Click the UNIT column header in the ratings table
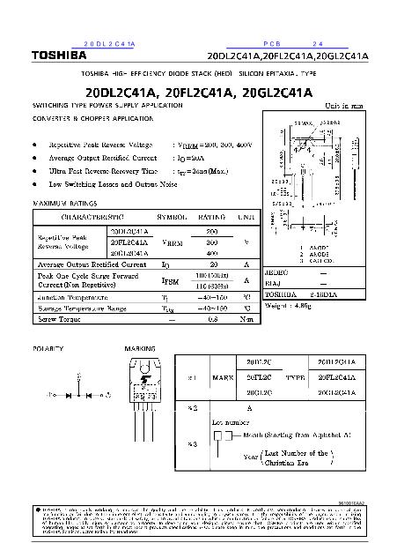point(246,216)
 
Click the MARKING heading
point(140,349)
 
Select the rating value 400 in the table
point(211,252)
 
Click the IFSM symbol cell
point(170,280)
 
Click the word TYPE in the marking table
point(295,376)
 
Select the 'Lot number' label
point(231,422)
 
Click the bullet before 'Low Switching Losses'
point(34,184)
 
